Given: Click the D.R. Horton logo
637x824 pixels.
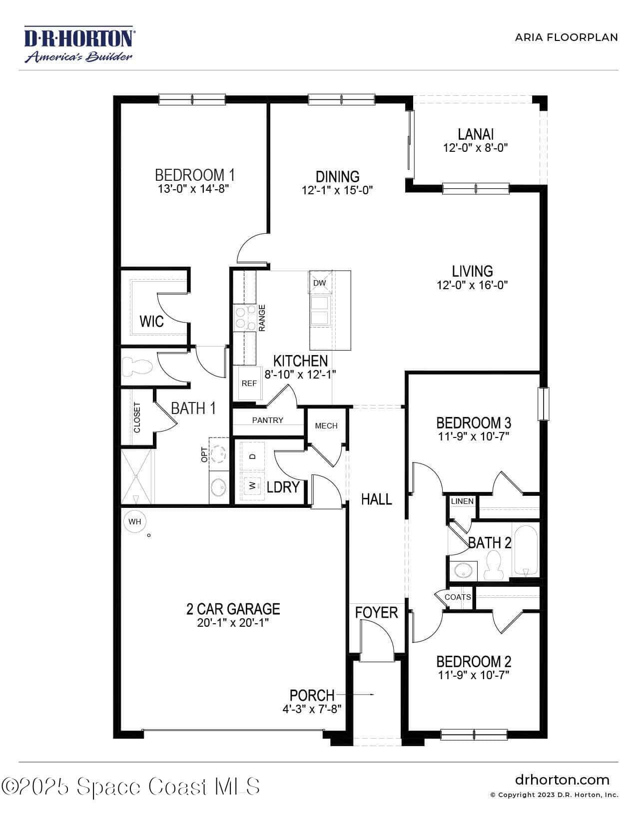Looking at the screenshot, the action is point(79,43).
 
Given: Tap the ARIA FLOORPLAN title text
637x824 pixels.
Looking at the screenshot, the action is point(566,37).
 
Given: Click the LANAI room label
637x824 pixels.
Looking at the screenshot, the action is point(476,134).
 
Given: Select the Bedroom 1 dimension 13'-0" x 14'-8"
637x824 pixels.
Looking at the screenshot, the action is point(193,188).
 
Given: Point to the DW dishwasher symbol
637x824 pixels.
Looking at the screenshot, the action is point(319,283).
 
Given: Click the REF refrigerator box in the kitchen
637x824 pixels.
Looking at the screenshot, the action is point(249,384).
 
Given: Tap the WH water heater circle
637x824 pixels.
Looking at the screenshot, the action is point(135,521).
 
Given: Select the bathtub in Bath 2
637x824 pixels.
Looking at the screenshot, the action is point(525,551).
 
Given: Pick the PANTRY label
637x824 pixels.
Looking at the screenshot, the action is point(267,420).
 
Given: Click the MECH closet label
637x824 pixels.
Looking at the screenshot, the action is point(326,426).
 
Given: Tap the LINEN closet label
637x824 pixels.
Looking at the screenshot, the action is point(462,501).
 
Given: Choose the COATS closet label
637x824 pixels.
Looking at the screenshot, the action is point(458,597).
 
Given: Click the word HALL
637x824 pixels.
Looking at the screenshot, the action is point(376,499).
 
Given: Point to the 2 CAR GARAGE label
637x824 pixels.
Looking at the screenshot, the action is point(233,609).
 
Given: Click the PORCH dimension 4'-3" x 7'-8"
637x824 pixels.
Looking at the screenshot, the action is point(312,709).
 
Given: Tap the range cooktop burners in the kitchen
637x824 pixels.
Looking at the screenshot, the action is point(245,318).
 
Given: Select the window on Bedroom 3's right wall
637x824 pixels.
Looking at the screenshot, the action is point(544,404).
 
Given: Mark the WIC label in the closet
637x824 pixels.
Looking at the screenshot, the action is point(151,321).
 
